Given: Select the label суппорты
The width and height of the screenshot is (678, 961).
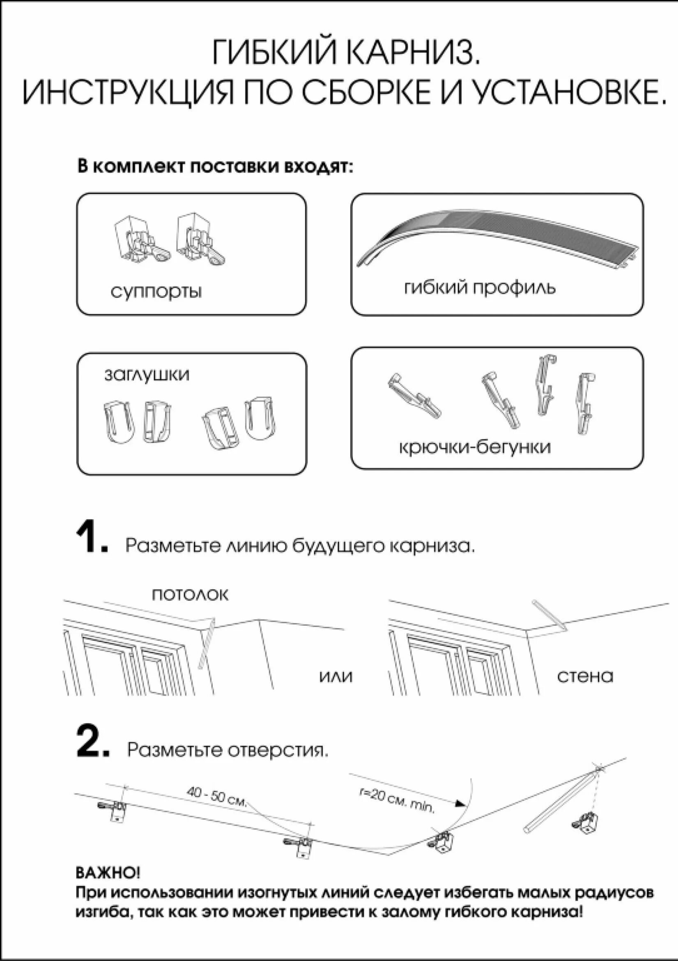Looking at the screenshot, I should point(156,291).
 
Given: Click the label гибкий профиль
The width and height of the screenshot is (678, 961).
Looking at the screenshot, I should point(480,288).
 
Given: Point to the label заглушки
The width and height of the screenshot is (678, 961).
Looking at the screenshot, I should point(146,374).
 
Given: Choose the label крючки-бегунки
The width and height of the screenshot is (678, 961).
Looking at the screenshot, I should point(475,447).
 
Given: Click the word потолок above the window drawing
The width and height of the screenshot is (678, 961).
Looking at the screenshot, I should point(190,595).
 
